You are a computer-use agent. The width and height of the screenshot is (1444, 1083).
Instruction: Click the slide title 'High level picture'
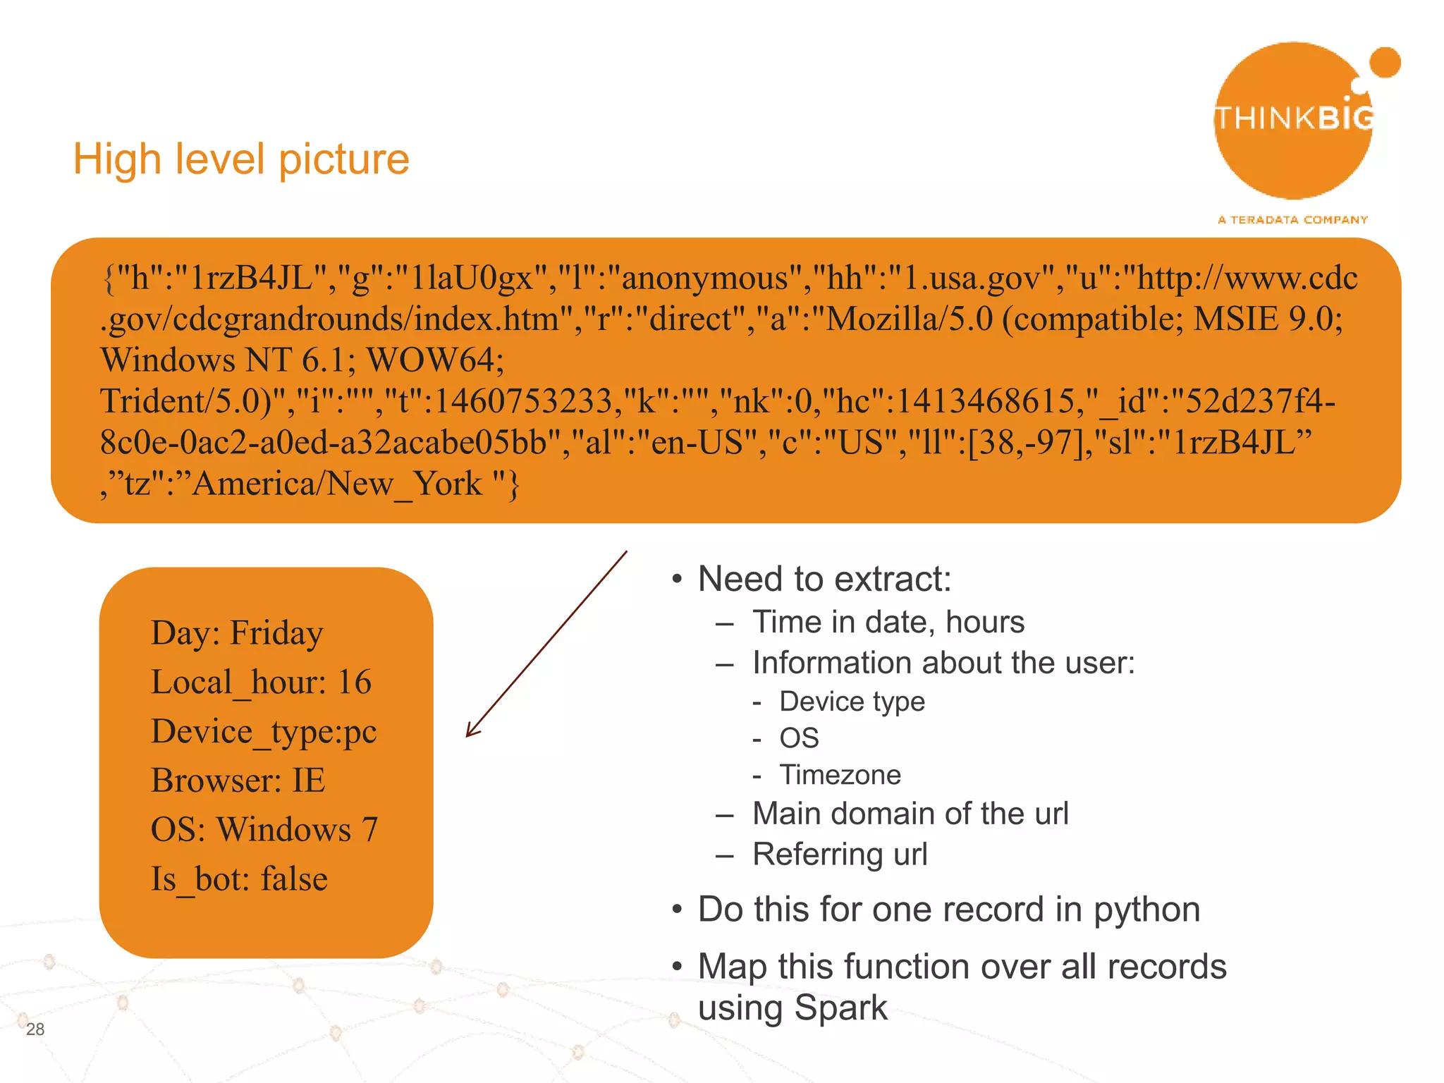[x=241, y=159]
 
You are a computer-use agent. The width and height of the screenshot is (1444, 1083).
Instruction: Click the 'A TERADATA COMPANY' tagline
[x=1292, y=220]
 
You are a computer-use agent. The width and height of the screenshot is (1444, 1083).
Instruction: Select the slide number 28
[x=35, y=1029]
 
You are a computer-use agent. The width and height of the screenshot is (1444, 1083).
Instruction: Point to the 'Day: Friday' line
[x=237, y=633]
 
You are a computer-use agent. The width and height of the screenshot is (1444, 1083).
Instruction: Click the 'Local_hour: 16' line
[x=261, y=683]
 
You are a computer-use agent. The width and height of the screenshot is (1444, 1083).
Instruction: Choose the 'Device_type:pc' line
[x=264, y=732]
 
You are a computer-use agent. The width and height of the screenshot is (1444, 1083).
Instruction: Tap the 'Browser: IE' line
[x=238, y=781]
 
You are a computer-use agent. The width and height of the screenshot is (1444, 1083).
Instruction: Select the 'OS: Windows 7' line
[x=264, y=830]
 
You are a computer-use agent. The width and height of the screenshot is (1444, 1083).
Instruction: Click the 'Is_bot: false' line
[x=239, y=879]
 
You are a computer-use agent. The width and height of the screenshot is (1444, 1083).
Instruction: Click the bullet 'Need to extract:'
[x=824, y=580]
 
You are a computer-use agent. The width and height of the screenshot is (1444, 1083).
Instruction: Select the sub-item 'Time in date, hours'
[x=888, y=623]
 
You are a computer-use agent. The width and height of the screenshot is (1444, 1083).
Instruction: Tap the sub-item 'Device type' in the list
[x=852, y=702]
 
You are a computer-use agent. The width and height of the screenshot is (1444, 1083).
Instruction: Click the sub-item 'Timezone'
[x=840, y=775]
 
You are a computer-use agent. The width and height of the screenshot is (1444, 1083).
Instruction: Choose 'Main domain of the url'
[x=910, y=814]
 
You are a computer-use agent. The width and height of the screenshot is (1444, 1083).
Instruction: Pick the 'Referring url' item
[x=840, y=855]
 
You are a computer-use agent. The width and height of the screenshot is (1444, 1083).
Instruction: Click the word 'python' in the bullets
[x=1146, y=910]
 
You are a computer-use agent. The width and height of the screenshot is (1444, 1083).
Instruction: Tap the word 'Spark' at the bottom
[x=840, y=1008]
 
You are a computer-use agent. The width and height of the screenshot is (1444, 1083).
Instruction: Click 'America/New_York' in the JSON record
[x=337, y=484]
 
